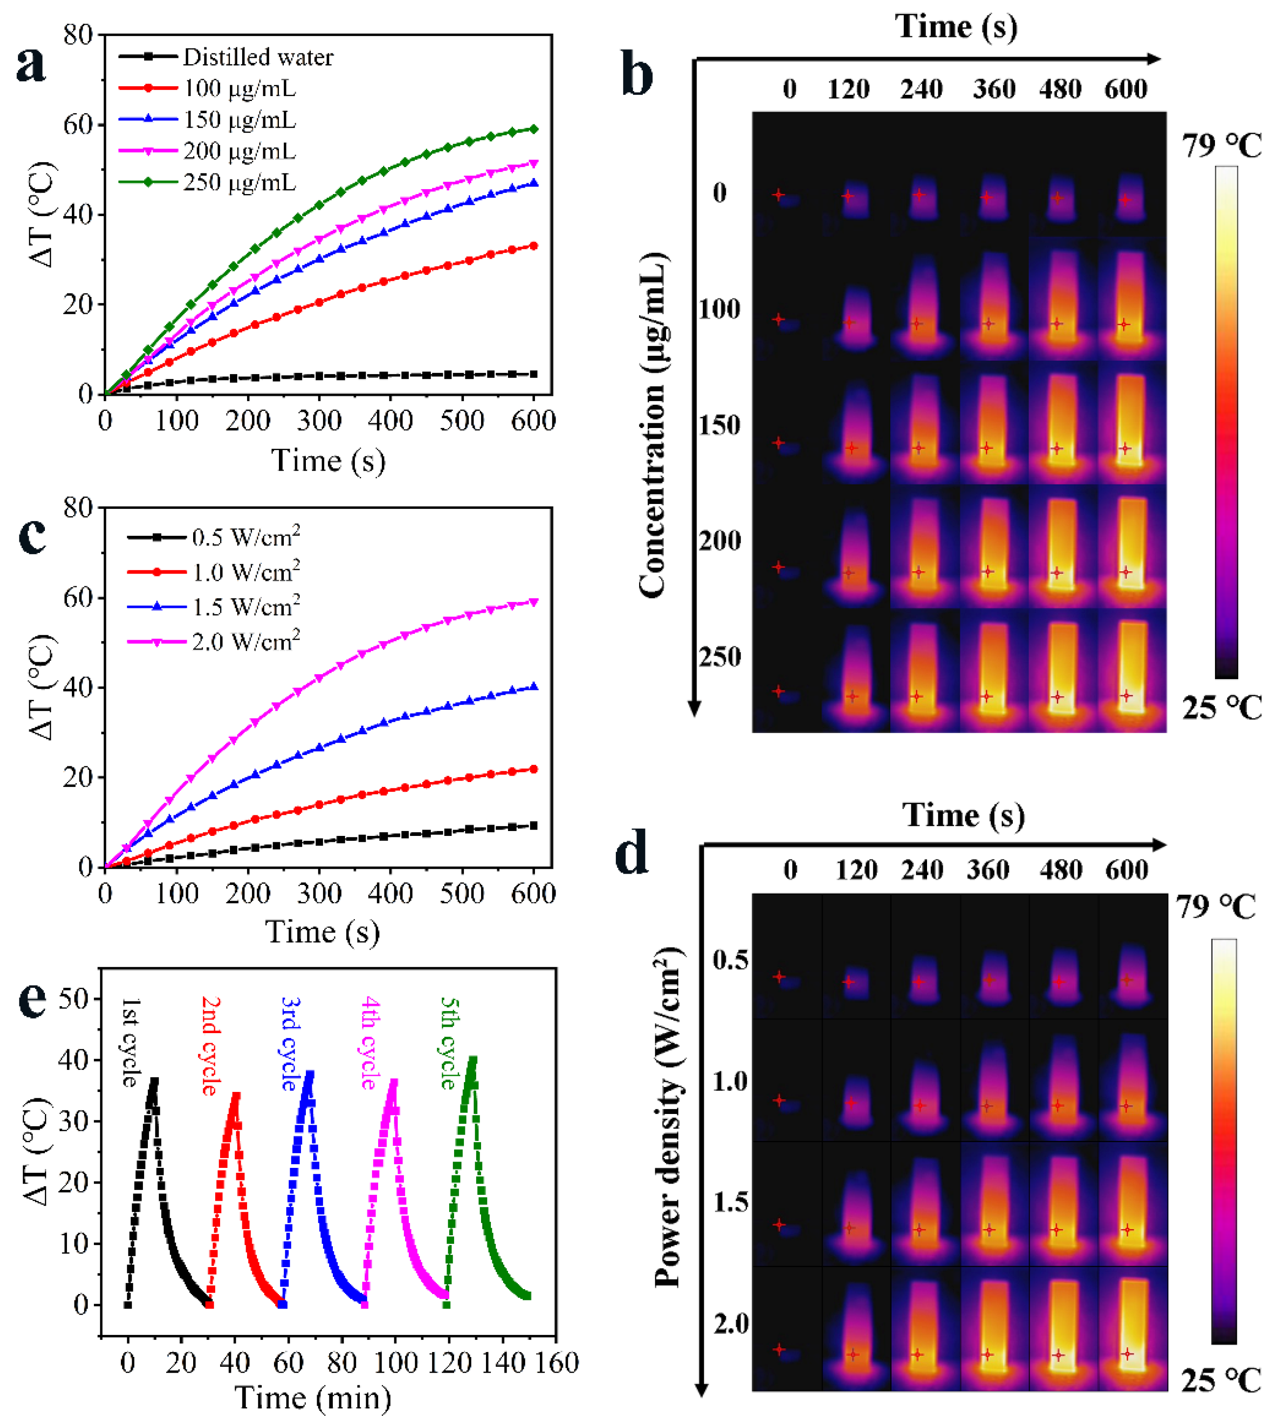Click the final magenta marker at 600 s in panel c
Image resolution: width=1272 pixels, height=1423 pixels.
tap(534, 602)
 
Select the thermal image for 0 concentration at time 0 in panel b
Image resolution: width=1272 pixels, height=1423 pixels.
tap(787, 175)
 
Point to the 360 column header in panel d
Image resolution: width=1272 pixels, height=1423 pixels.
tap(988, 870)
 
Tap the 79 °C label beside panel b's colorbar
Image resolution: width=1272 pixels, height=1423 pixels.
tap(1222, 146)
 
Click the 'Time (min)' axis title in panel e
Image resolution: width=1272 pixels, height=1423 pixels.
tap(313, 1398)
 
